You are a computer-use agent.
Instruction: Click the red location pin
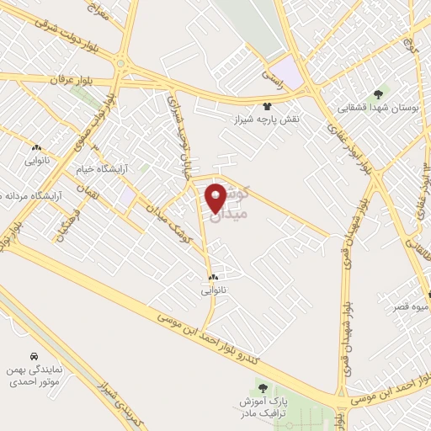pos(215,198)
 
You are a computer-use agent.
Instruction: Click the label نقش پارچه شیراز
pos(268,120)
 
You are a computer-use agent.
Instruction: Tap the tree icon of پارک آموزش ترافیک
pos(263,388)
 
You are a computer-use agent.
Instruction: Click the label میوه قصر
pos(409,306)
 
